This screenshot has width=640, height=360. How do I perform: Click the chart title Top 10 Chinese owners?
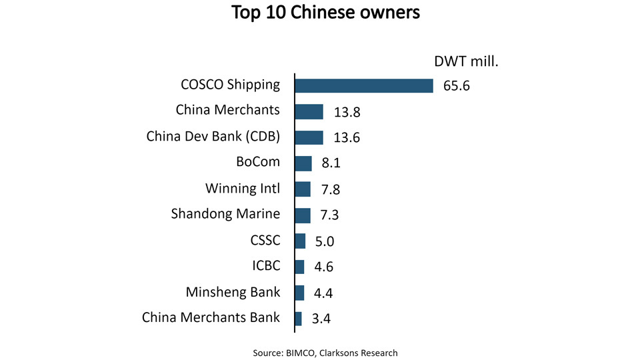[x=326, y=13]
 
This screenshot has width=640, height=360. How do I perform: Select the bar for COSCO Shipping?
[x=364, y=85]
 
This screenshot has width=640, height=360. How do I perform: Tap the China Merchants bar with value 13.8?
[x=309, y=111]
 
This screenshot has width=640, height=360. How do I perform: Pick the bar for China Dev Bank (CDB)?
[x=309, y=137]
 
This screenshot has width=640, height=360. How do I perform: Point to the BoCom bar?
[x=303, y=163]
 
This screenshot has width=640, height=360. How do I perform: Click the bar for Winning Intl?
[x=303, y=189]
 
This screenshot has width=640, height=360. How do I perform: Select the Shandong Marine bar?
[x=303, y=215]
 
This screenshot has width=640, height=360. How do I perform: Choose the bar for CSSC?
[x=300, y=241]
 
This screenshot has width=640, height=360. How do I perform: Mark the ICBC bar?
[x=299, y=267]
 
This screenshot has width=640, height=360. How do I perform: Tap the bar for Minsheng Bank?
[x=299, y=293]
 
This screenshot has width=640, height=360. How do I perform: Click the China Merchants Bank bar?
[x=298, y=319]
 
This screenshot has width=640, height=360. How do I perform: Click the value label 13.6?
[x=347, y=138]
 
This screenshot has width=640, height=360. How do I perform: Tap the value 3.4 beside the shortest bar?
[x=321, y=319]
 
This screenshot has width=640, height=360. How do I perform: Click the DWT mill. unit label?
[x=466, y=62]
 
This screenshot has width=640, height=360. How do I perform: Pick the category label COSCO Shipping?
[x=231, y=85]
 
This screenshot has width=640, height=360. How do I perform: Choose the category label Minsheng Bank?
[x=233, y=292]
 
